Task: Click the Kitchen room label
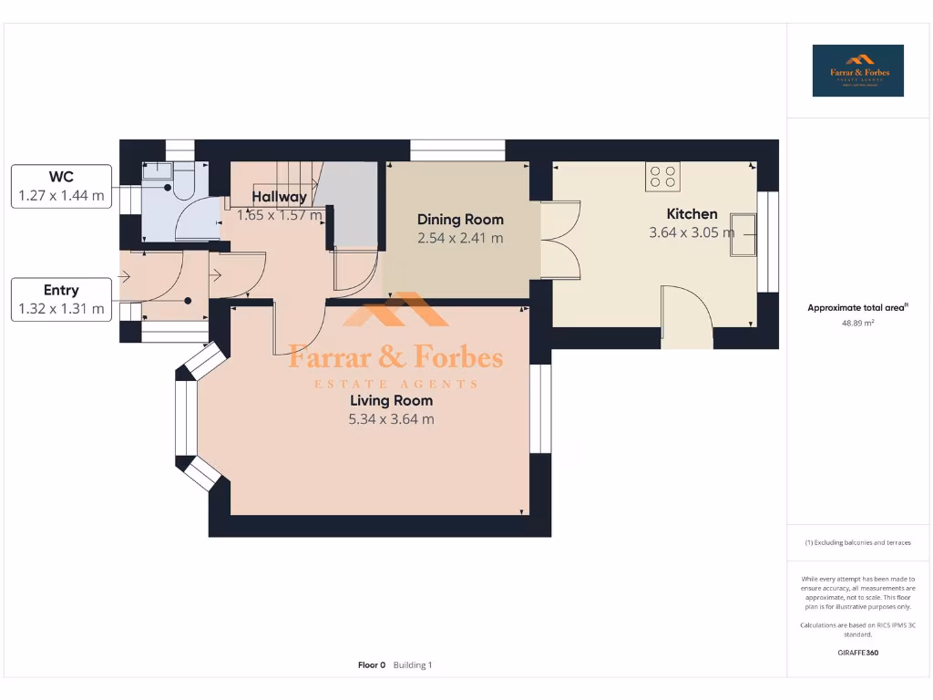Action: (x=692, y=214)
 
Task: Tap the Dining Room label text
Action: (x=460, y=220)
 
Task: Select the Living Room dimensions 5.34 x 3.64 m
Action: (x=391, y=419)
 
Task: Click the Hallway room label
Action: (x=279, y=197)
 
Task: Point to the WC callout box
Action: (x=61, y=186)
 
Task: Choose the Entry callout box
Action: (x=61, y=300)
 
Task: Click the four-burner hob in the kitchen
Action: (x=662, y=176)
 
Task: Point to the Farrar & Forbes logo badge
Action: (x=857, y=71)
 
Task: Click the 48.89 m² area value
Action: (x=857, y=323)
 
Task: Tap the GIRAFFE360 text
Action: (x=857, y=653)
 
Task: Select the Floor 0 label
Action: (x=372, y=665)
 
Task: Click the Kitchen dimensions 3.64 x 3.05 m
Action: (x=692, y=232)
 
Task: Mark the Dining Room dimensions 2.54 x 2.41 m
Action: (x=460, y=239)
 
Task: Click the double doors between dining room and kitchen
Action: (x=559, y=240)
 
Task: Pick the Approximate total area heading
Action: (x=856, y=308)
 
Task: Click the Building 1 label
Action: (x=413, y=665)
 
